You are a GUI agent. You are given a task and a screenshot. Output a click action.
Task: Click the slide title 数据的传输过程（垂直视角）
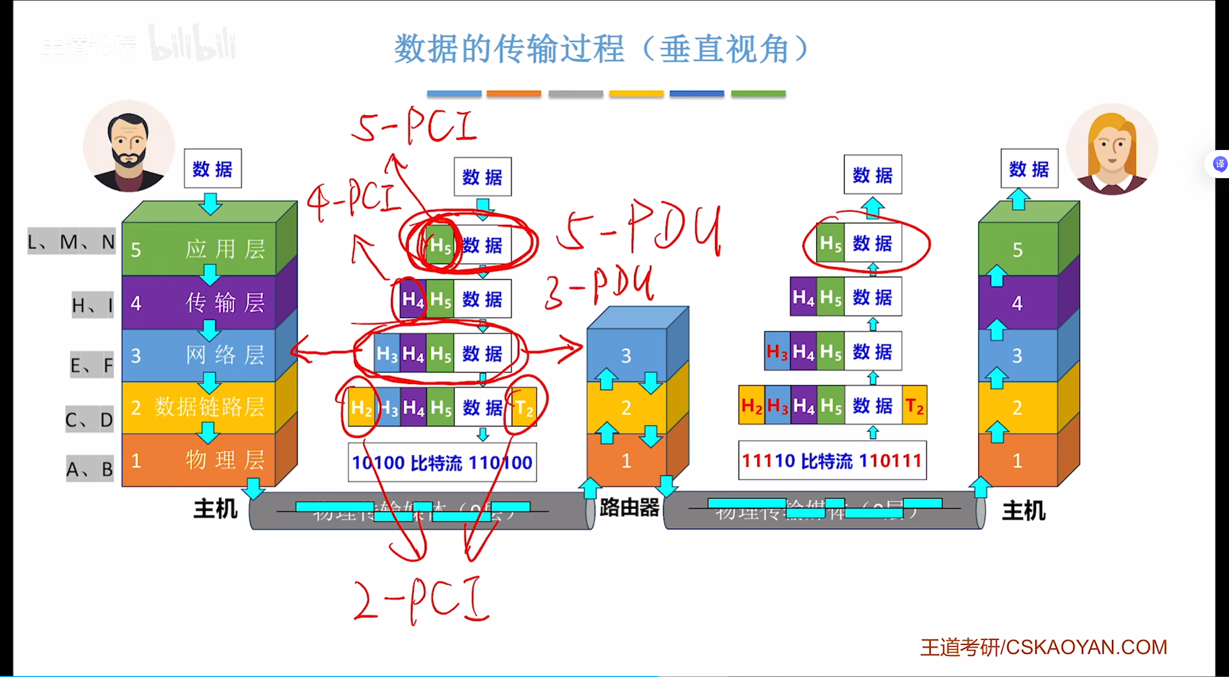click(x=601, y=49)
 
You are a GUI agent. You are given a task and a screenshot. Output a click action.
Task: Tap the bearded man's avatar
click(x=129, y=147)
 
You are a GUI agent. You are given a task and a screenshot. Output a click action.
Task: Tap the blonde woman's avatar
click(x=1111, y=149)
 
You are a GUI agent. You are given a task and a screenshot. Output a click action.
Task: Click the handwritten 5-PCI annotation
click(x=414, y=126)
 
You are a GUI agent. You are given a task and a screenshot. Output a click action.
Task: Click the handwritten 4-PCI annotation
click(x=354, y=200)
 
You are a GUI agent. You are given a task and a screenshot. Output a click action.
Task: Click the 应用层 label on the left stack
click(x=225, y=249)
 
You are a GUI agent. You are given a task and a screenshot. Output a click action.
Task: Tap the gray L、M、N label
click(x=72, y=242)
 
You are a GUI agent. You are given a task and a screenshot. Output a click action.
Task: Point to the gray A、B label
click(x=90, y=469)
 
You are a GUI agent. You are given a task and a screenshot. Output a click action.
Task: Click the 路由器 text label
click(x=629, y=507)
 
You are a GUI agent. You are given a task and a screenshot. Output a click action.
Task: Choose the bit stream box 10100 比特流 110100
click(x=442, y=462)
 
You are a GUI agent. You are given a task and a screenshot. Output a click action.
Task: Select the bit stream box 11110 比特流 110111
click(x=832, y=460)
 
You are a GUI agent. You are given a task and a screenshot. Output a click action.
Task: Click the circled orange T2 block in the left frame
click(x=524, y=408)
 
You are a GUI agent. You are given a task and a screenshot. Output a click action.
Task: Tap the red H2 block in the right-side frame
click(x=751, y=406)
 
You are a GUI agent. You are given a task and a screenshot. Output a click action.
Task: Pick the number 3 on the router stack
click(x=626, y=355)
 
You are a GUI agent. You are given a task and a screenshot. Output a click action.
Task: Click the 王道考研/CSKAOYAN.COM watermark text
click(x=1043, y=647)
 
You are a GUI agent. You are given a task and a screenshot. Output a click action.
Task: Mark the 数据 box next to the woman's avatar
click(x=1029, y=169)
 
